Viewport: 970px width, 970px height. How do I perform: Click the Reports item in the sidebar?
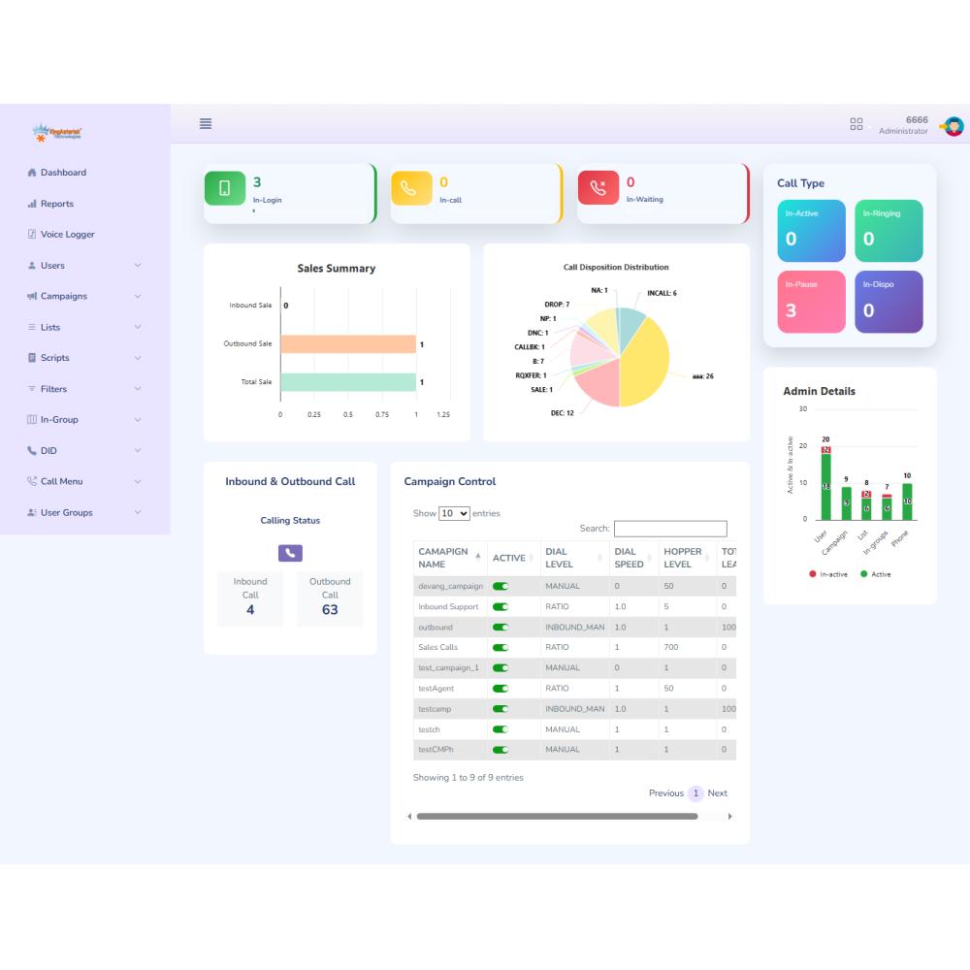56,204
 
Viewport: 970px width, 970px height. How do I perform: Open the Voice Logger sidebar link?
67,235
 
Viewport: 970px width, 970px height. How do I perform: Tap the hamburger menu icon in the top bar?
206,123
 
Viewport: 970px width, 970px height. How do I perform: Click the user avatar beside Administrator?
954,126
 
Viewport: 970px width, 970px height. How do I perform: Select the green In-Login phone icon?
225,188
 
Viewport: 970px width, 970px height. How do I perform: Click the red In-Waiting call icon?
598,188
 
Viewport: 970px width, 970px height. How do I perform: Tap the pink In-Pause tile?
811,302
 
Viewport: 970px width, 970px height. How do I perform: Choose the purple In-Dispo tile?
889,302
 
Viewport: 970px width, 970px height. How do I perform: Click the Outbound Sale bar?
347,344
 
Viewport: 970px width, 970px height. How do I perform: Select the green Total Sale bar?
347,382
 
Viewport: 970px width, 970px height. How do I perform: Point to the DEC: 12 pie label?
562,413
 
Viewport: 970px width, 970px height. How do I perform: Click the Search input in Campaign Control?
670,529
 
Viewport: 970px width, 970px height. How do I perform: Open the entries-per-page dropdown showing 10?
454,513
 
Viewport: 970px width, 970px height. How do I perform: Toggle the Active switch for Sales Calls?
501,647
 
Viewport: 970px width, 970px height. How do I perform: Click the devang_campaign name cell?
450,586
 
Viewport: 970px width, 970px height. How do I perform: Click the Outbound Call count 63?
330,610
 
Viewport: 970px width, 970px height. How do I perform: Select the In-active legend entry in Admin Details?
828,574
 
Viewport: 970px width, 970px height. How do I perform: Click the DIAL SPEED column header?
629,558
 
